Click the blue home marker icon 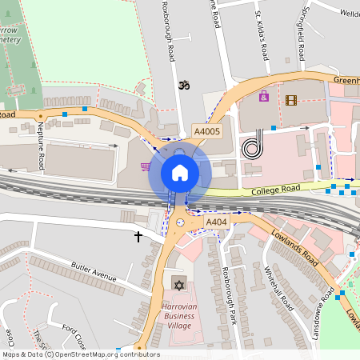point(180,172)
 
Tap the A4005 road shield point(206,131)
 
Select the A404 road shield point(216,222)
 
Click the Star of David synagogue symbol point(177,283)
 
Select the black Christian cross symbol point(138,237)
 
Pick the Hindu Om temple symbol point(183,84)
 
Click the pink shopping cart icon point(146,167)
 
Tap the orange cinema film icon point(290,100)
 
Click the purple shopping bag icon point(263,97)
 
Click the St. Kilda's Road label point(262,35)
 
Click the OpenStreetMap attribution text point(80,354)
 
